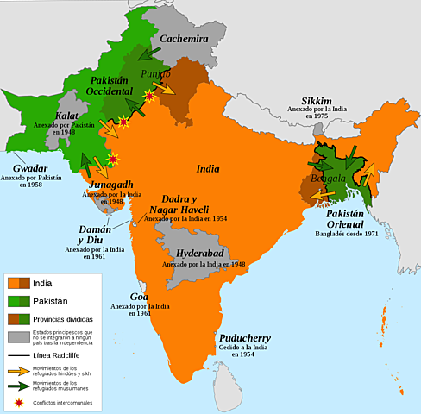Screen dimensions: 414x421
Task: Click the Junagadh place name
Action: tap(108, 185)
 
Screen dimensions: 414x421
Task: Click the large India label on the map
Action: tap(208, 168)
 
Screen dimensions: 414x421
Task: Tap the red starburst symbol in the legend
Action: tap(18, 401)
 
